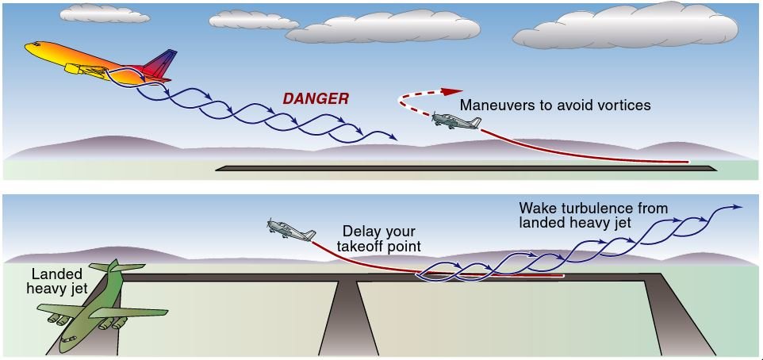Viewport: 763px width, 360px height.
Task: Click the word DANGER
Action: tap(316, 99)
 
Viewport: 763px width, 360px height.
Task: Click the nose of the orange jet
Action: tap(29, 47)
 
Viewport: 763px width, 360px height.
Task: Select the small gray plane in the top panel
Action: tap(456, 121)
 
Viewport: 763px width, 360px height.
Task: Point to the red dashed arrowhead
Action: tap(453, 91)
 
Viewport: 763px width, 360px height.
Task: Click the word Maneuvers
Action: tap(497, 105)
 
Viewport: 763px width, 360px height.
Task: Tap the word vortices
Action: tap(623, 105)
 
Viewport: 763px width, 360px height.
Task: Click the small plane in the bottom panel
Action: tap(290, 230)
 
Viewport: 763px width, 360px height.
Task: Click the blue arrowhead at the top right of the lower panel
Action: tap(737, 208)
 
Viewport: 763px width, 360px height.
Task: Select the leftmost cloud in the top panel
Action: tap(105, 13)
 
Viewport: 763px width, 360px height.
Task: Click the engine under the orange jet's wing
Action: tap(79, 70)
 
